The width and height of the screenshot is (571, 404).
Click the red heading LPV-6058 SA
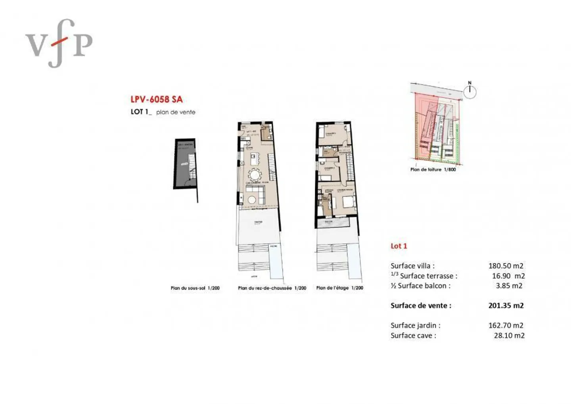[157, 99]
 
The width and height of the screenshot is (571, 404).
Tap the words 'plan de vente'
[176, 112]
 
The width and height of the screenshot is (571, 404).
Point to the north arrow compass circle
[470, 92]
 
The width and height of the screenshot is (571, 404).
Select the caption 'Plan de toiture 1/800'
[433, 169]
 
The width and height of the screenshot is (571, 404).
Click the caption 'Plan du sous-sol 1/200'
[195, 288]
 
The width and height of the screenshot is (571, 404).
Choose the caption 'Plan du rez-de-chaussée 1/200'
[272, 288]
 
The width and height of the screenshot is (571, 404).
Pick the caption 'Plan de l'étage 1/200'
[339, 288]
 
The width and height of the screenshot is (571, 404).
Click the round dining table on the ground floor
[255, 175]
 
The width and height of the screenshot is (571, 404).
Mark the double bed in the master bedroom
[349, 202]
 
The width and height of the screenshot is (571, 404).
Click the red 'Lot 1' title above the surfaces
[399, 246]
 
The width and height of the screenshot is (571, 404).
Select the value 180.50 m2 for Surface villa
[506, 266]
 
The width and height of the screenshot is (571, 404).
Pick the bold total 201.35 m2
[506, 306]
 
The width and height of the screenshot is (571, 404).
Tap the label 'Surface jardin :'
[415, 325]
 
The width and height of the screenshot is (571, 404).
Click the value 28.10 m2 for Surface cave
[509, 335]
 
